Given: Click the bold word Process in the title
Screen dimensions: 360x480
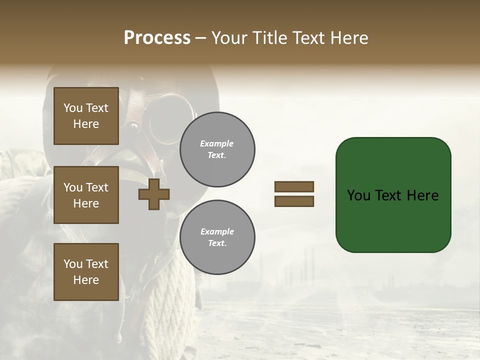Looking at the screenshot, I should point(157,38).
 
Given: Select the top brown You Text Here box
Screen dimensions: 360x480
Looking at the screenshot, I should point(86,116).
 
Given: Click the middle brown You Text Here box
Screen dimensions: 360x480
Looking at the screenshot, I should point(86,195).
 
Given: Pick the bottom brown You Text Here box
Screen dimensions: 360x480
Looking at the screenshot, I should point(86,271).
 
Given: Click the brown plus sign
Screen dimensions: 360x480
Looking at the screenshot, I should point(153,194).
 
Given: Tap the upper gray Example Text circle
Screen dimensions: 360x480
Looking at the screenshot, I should point(217,149).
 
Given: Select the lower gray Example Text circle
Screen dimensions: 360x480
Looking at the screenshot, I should point(217,237).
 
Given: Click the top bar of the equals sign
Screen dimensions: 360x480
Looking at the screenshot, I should point(294,186).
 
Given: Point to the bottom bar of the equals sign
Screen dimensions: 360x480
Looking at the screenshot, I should point(294,201).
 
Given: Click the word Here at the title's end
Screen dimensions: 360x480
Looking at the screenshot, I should point(349,38).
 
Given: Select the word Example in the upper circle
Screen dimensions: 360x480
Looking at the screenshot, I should point(217,143).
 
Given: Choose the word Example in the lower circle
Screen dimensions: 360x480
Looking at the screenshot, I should point(217,231).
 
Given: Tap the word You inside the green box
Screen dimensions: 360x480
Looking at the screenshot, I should point(358,195).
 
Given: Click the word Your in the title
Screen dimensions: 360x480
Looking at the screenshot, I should point(229,38).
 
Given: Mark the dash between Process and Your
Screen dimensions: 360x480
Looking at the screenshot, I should point(201,38).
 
